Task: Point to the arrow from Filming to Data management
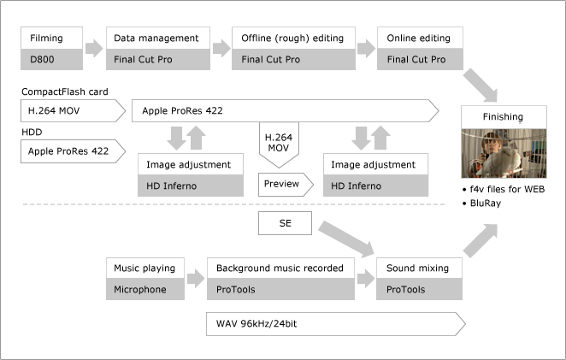click(x=95, y=49)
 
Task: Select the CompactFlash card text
click(x=65, y=91)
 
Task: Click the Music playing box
click(x=144, y=268)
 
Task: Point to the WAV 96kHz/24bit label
click(x=256, y=325)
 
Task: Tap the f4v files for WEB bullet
click(x=504, y=188)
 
